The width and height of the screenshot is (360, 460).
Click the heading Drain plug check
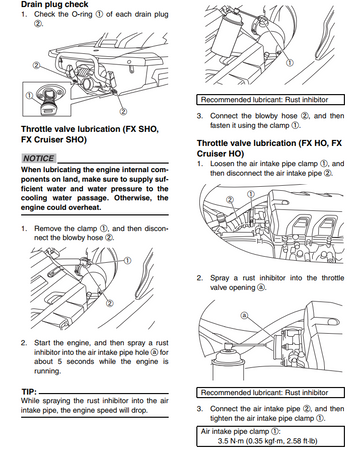(x=54, y=4)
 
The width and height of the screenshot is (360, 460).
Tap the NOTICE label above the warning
(x=39, y=158)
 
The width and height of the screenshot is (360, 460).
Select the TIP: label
(x=29, y=392)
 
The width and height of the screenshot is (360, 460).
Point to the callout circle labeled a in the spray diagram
(x=244, y=315)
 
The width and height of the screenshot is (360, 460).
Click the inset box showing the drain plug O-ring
(x=47, y=99)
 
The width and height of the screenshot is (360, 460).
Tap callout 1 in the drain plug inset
(x=29, y=96)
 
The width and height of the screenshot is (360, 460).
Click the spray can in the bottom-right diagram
(x=226, y=362)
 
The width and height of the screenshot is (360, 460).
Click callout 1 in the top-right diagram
(x=290, y=63)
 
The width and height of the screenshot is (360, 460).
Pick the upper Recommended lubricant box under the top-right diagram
(x=270, y=100)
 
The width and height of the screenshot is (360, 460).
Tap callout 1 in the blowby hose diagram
(x=127, y=260)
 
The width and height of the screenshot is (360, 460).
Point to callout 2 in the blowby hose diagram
(x=109, y=303)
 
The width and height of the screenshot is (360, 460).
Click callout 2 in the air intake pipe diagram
(x=230, y=200)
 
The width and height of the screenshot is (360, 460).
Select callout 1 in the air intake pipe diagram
(x=251, y=194)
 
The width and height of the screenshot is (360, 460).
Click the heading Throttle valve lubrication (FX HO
(x=269, y=143)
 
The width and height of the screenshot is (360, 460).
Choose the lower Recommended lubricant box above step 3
(x=270, y=392)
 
